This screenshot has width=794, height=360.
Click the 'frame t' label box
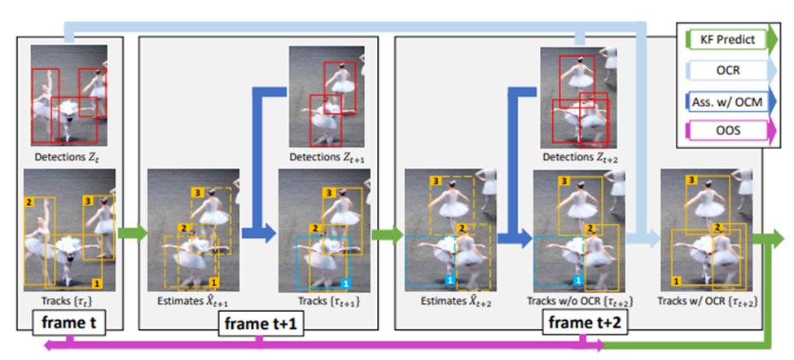[69, 323]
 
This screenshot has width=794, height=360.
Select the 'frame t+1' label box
[261, 324]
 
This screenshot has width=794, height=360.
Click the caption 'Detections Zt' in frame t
[64, 157]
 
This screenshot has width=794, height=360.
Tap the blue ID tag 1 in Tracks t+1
[344, 283]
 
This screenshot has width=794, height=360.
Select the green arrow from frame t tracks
[132, 233]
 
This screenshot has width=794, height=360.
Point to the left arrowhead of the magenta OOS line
[51, 346]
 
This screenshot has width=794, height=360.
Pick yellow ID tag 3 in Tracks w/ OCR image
[691, 179]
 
